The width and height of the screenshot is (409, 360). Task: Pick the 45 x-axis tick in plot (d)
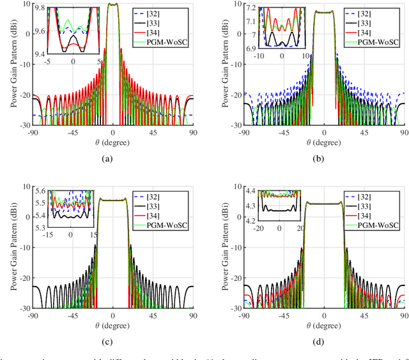point(364,315)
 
